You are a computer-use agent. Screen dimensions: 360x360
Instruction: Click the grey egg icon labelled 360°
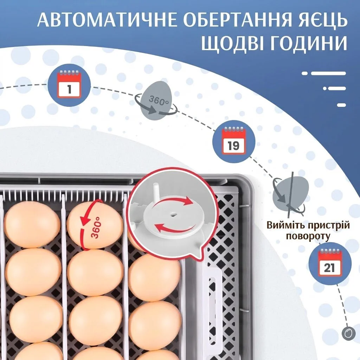[x=158, y=99]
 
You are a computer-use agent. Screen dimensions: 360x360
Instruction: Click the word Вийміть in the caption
[x=288, y=225]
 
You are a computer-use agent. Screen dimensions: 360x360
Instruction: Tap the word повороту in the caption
[x=308, y=237]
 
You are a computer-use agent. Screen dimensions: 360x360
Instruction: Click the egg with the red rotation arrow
[x=95, y=225]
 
